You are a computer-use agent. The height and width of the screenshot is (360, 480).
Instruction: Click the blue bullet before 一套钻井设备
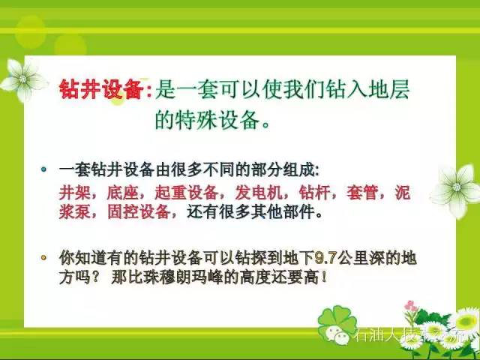point(44,169)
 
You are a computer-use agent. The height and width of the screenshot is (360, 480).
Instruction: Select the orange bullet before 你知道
point(44,257)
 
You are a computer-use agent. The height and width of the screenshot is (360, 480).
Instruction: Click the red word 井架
point(73,192)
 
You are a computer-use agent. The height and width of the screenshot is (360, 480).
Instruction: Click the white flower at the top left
point(22,79)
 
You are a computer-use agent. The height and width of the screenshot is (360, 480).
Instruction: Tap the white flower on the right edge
point(454,187)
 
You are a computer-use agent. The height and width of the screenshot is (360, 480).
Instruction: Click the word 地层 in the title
point(391,91)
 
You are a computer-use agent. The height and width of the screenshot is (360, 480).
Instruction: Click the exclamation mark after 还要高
point(323,277)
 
